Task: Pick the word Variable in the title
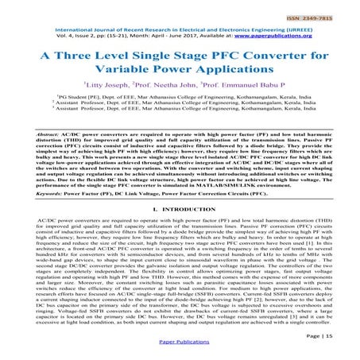tap(137, 75)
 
